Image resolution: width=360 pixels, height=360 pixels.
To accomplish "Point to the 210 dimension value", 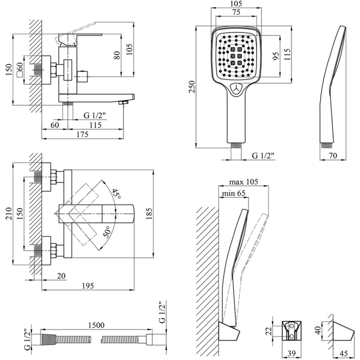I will (7, 214).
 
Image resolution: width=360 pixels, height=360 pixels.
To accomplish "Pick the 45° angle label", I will (116, 194).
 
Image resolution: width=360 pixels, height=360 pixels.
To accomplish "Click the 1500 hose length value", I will (97, 325).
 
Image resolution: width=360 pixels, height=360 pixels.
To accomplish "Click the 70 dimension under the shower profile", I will (334, 154).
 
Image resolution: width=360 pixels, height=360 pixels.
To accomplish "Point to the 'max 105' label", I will (244, 182).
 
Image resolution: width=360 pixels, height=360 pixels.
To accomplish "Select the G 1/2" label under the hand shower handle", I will (263, 155).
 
